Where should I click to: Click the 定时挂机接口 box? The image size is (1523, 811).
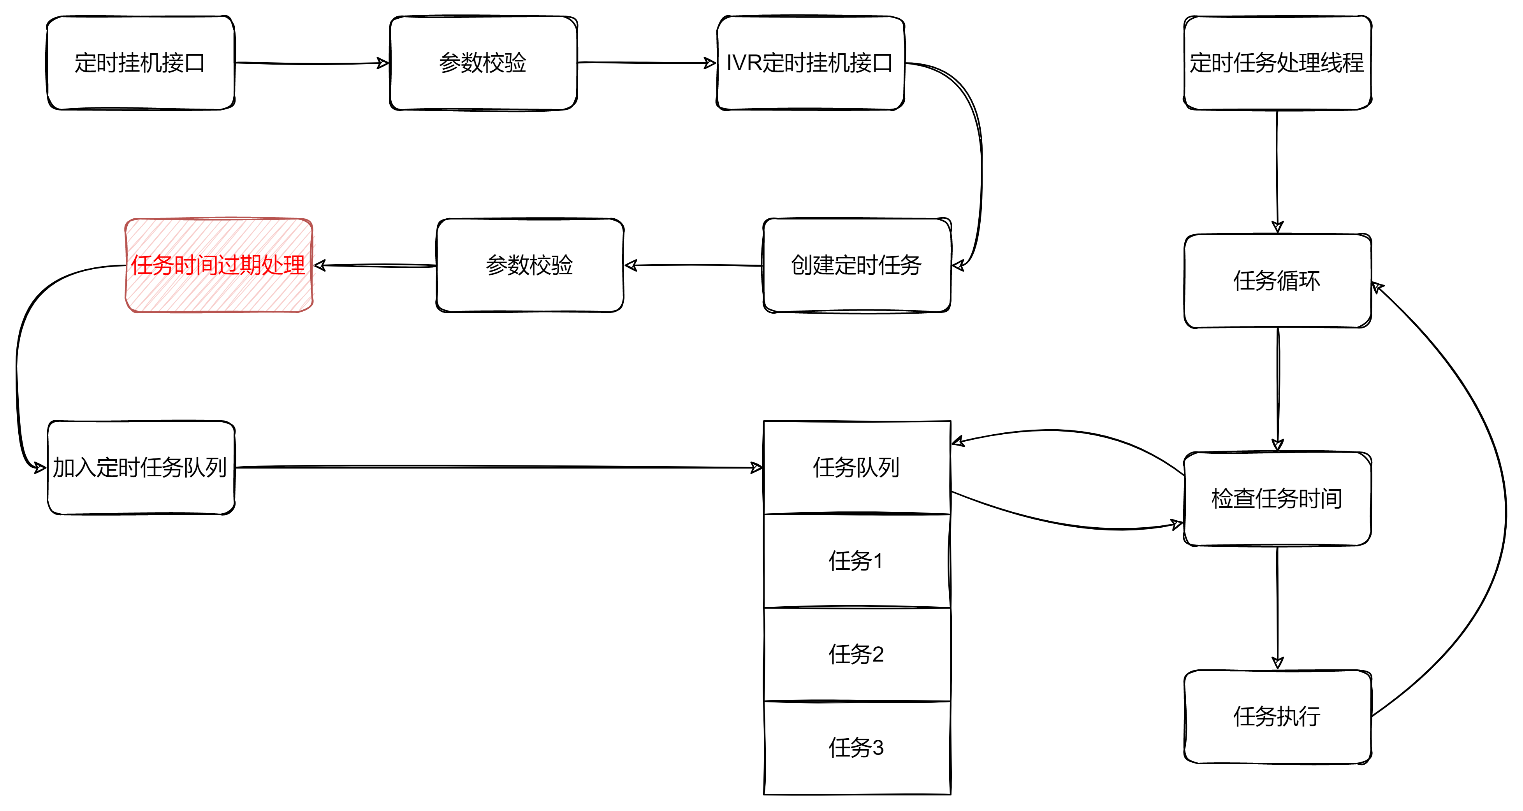tap(141, 63)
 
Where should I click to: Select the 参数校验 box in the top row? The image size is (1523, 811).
tap(483, 63)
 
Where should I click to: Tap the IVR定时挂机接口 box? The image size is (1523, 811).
tap(810, 63)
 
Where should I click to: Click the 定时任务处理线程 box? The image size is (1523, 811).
tap(1277, 63)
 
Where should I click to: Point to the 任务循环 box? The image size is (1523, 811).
tap(1277, 281)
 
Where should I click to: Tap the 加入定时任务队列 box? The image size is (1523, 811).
tap(141, 467)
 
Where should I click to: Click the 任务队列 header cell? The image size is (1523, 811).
tap(856, 467)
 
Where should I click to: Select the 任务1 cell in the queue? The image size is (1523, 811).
tap(856, 560)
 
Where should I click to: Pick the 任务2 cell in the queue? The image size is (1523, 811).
tap(856, 654)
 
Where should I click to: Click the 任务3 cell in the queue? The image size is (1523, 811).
tap(856, 747)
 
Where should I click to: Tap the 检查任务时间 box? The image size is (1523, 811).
tap(1277, 498)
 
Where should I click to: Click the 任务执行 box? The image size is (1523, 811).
tap(1277, 716)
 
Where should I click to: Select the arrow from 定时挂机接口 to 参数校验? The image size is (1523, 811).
tap(311, 63)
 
